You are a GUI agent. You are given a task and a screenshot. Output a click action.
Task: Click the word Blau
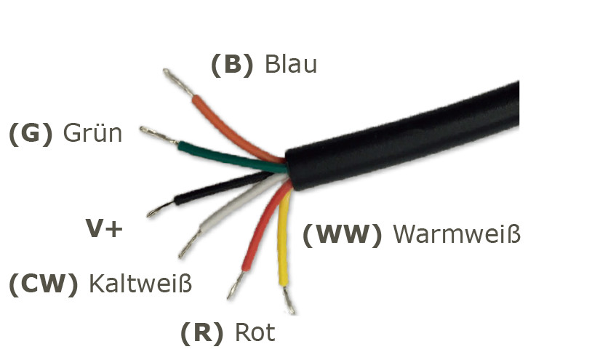[291, 65]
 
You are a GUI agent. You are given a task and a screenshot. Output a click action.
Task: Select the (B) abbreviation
[232, 65]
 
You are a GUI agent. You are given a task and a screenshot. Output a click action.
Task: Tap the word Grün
[92, 134]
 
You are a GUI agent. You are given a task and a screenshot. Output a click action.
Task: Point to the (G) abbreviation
[31, 134]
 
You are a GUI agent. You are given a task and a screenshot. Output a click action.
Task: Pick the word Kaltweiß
[140, 284]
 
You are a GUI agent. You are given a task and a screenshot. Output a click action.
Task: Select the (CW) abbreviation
[43, 284]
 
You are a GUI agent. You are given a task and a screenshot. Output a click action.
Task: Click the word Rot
[255, 333]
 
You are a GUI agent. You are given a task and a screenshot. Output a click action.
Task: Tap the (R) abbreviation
[201, 333]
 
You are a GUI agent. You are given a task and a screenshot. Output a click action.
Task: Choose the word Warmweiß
[457, 235]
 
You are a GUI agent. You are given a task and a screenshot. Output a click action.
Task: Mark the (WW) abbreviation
[342, 235]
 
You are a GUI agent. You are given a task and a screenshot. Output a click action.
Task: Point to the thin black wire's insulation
[211, 190]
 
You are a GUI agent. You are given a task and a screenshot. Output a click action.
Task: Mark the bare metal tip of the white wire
[189, 244]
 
